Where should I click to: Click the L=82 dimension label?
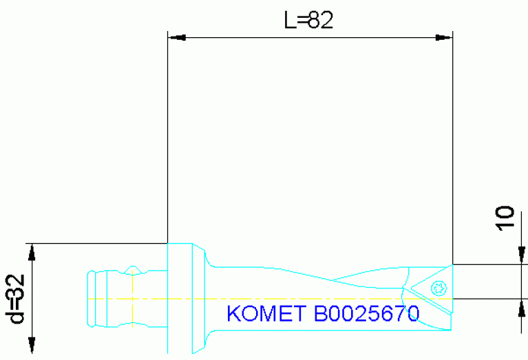[x=309, y=20]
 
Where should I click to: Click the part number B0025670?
[x=366, y=314]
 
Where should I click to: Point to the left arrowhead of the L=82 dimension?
[x=176, y=36]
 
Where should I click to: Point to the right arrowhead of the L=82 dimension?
[x=445, y=36]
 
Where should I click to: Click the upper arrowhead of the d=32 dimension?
[x=31, y=252]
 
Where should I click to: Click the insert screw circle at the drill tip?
[x=436, y=287]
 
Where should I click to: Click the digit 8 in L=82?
[x=315, y=20]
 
